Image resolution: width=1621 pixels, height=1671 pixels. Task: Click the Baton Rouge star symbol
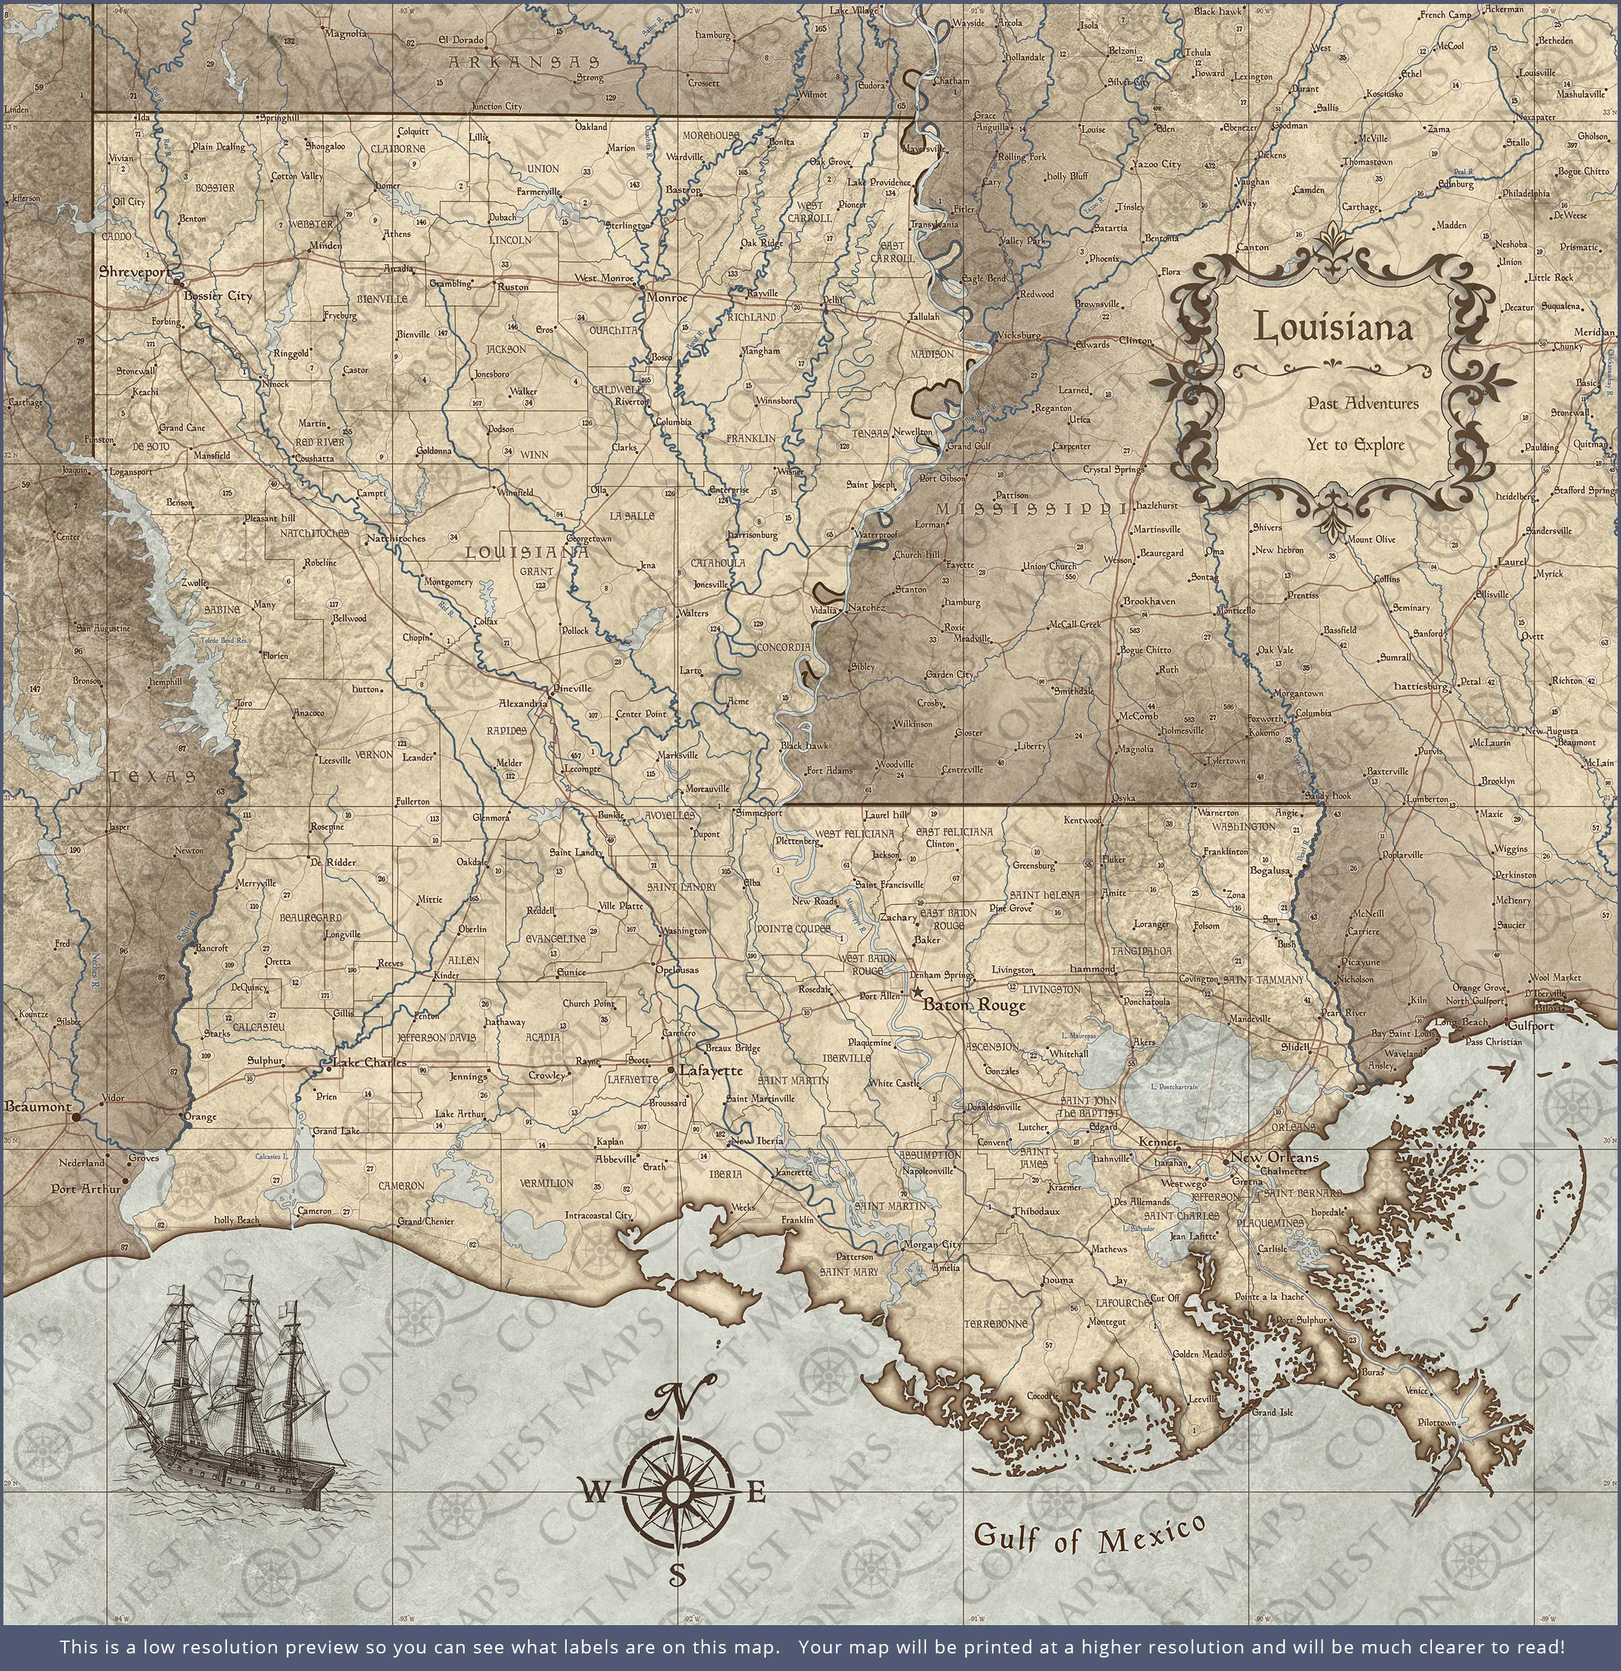917,992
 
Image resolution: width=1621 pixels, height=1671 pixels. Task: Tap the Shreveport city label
134,272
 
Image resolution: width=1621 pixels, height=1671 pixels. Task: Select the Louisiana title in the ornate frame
1332,328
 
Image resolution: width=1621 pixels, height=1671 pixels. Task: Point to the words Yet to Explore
1355,444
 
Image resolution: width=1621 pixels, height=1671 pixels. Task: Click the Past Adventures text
1362,403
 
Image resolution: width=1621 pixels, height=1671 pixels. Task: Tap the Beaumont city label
38,1106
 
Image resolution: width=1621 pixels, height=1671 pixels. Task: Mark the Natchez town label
864,608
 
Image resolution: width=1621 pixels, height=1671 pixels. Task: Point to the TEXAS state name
153,777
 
